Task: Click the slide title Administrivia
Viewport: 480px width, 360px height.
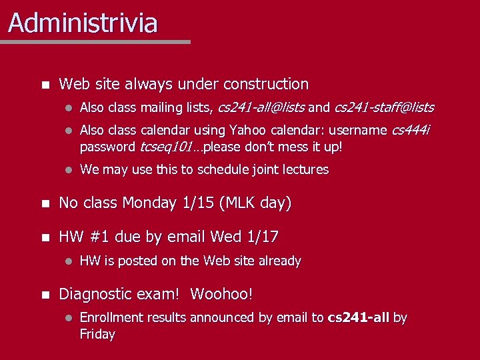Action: click(83, 23)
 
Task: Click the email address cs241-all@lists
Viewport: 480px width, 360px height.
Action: click(261, 107)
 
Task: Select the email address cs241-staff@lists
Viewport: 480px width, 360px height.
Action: click(384, 107)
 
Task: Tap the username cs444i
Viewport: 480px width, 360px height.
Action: click(410, 130)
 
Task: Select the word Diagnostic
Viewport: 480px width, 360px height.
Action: click(94, 294)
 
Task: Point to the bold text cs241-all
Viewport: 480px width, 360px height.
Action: click(359, 318)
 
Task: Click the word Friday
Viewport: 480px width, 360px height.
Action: click(97, 335)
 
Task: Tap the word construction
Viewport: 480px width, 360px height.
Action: click(266, 85)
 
